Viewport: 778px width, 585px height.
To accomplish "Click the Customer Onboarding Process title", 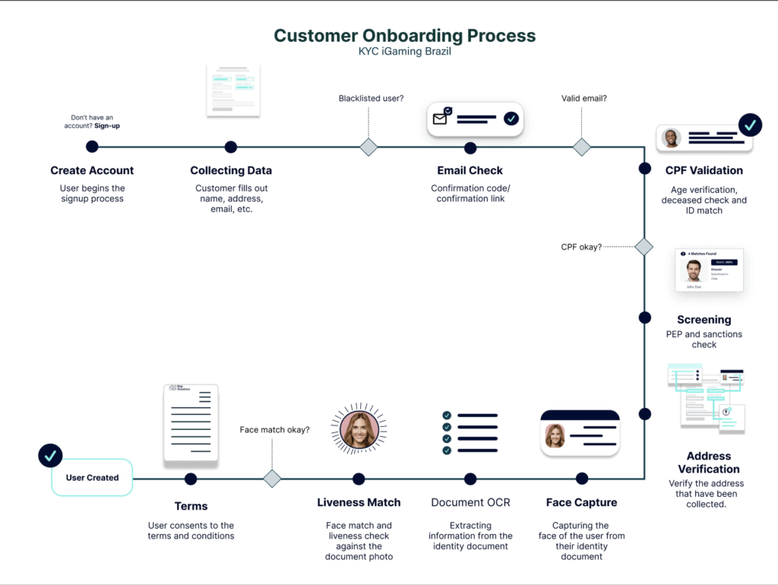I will [x=404, y=36].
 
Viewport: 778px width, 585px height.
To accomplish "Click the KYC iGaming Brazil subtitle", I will [x=404, y=52].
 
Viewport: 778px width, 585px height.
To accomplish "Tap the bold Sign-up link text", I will [x=107, y=125].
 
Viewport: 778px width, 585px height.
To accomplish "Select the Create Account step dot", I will [x=92, y=147].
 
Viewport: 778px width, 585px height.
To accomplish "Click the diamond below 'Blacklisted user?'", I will [x=368, y=147].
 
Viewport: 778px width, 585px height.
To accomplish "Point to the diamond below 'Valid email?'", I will [x=582, y=147].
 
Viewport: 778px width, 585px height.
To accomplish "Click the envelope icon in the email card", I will [x=441, y=118].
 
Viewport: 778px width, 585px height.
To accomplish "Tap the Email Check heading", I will [x=470, y=171].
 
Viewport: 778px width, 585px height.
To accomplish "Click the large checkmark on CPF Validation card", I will [x=751, y=125].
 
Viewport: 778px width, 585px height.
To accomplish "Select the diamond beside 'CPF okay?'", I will [x=644, y=247].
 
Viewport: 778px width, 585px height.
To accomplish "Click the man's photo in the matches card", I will [x=693, y=270].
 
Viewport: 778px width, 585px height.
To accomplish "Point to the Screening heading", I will [x=704, y=320].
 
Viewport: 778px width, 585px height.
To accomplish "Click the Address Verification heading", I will [x=708, y=463].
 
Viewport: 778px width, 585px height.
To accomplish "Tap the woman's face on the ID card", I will [x=555, y=436].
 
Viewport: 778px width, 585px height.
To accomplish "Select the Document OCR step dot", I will [x=470, y=479].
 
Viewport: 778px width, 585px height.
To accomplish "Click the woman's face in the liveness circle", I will [x=359, y=429].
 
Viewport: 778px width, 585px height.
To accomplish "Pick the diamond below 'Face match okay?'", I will [x=272, y=479].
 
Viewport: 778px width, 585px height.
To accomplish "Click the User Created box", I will [x=92, y=478].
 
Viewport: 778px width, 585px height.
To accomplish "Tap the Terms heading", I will [x=191, y=505].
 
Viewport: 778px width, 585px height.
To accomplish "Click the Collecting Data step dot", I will [x=231, y=147].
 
